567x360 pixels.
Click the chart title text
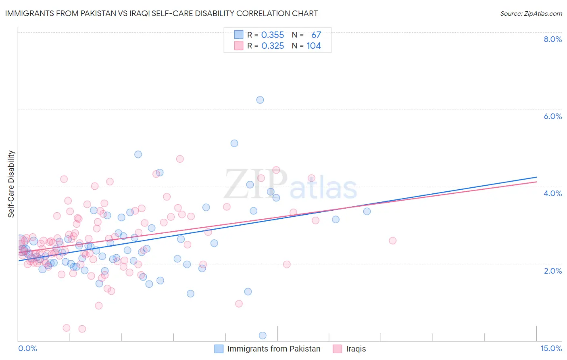161,14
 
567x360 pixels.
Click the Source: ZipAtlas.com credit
531,14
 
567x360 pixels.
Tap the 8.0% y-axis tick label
552,39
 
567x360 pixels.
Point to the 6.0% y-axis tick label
552,116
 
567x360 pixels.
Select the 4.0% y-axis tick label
552,193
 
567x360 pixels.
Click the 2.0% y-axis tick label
552,271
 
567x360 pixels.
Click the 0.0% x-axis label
27,348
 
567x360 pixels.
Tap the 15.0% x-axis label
551,348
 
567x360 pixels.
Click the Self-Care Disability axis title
11,184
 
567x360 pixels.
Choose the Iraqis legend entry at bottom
356,349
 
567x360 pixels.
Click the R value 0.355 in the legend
273,35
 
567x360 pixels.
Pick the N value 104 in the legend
314,46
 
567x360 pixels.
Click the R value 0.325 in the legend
273,46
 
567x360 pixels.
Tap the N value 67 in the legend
316,35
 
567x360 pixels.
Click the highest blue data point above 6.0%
260,100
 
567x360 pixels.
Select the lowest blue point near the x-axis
263,335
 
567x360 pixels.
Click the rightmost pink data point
392,241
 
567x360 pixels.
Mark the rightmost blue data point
367,211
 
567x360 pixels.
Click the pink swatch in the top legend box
239,46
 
